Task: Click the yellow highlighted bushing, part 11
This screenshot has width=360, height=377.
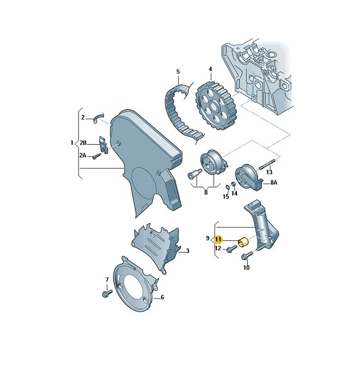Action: click(243, 242)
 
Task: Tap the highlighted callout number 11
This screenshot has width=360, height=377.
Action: click(218, 239)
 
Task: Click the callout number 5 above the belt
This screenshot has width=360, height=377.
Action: click(178, 72)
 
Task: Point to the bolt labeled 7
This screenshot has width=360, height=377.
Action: click(107, 293)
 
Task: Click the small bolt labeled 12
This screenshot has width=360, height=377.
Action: click(231, 249)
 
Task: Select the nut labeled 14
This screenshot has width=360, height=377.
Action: click(233, 184)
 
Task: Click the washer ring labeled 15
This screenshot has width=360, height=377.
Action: click(227, 187)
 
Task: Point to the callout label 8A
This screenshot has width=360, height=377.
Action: click(274, 182)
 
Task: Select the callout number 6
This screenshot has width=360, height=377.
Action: click(162, 298)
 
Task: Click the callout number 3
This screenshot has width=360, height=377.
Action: click(187, 251)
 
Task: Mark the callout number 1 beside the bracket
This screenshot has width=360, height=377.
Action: click(72, 143)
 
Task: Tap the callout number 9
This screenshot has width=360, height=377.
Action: click(208, 238)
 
